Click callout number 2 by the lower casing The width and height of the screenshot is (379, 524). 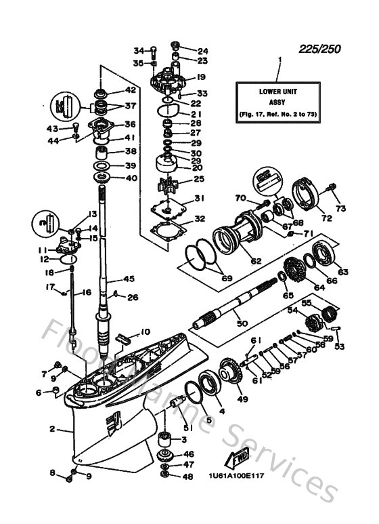[52, 429]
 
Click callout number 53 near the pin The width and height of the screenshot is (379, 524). [339, 347]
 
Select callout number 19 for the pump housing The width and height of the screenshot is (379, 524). [201, 77]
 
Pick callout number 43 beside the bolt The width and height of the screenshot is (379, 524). [51, 128]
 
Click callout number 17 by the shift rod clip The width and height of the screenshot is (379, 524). [50, 287]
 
